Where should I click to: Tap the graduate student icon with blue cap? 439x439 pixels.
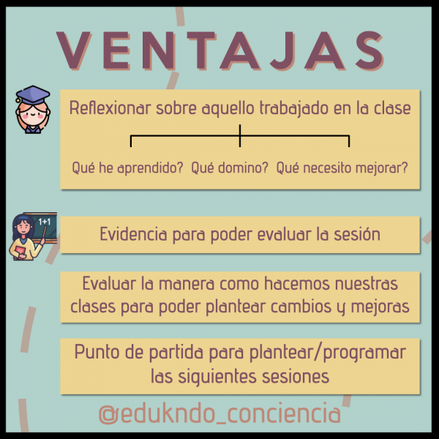(x=33, y=110)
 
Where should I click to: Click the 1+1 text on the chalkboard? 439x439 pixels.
(x=44, y=222)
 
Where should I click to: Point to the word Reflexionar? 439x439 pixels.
(x=110, y=108)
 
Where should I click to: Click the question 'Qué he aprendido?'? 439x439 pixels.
(x=127, y=168)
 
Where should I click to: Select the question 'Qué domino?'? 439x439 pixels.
(x=230, y=168)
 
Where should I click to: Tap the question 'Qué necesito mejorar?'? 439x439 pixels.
(x=342, y=168)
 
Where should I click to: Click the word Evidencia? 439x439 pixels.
(x=133, y=234)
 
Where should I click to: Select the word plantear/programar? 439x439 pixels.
(x=327, y=353)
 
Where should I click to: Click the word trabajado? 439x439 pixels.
(x=293, y=108)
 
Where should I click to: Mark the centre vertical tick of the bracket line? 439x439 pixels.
(x=240, y=136)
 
